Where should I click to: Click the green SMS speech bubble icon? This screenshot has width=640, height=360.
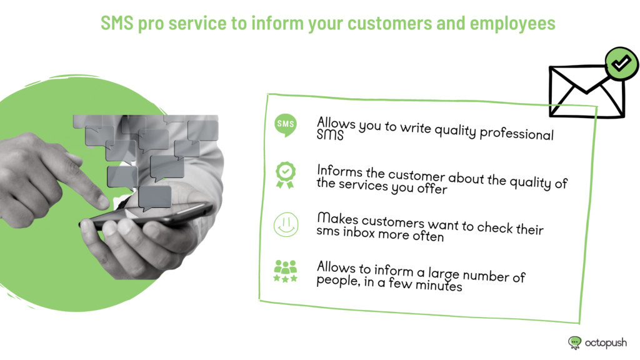[285, 125]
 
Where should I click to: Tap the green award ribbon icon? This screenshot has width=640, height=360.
[285, 175]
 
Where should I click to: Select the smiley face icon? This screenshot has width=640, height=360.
[286, 224]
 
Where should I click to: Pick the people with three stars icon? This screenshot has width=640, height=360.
[285, 271]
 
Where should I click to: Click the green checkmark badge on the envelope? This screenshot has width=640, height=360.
[621, 63]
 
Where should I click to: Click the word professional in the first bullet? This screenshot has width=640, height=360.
[516, 134]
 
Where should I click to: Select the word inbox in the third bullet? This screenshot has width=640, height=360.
[359, 232]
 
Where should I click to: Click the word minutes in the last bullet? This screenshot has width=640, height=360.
[438, 285]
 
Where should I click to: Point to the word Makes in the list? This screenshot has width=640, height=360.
[337, 218]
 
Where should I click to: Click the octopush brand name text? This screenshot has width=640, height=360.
[606, 343]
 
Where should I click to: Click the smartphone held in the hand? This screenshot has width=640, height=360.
[147, 216]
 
